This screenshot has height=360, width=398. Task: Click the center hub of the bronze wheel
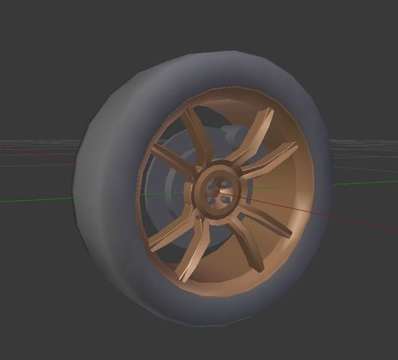click(215, 191)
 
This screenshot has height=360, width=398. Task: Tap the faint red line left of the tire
click(36, 152)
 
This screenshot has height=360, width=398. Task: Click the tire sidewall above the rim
click(216, 72)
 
